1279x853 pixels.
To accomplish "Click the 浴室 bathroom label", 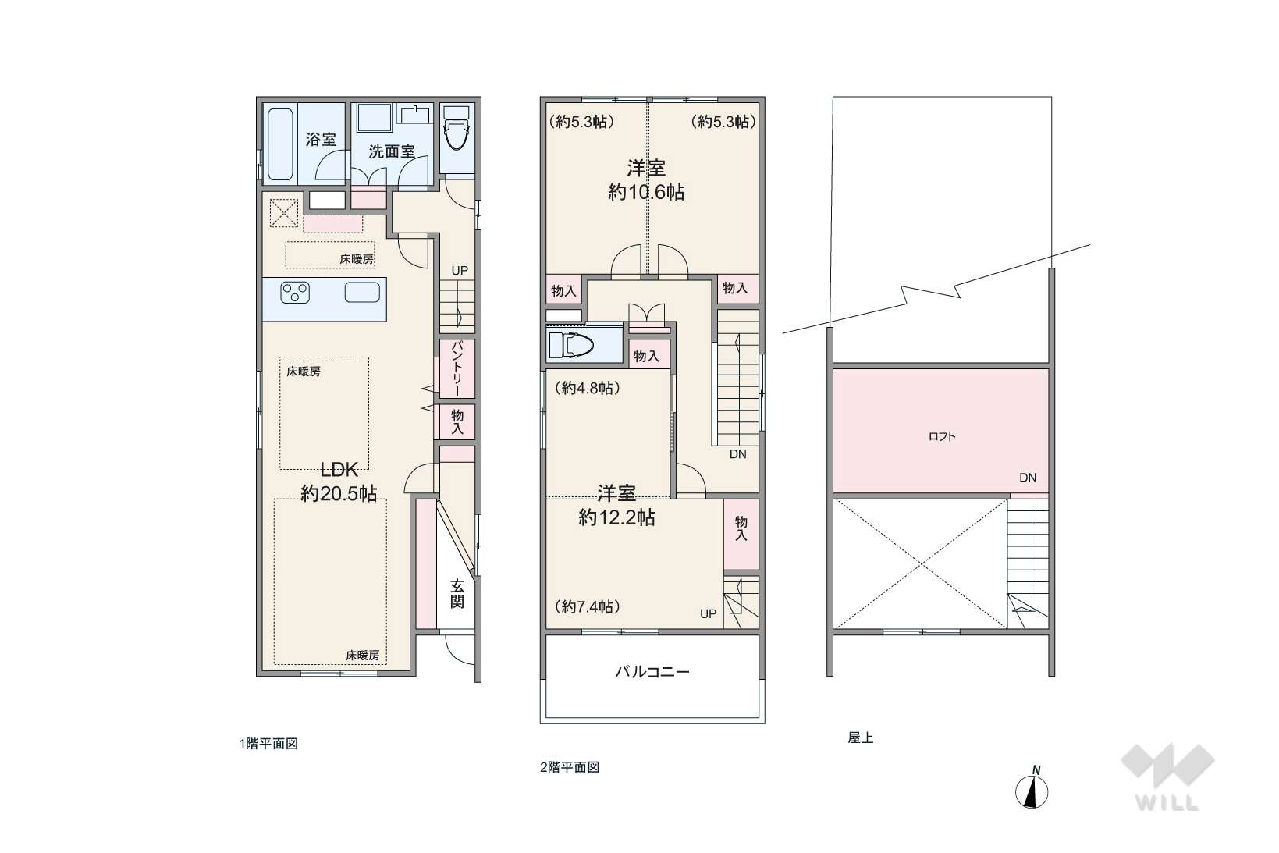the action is click(x=321, y=140).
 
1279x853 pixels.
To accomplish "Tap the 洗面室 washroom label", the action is click(x=391, y=151).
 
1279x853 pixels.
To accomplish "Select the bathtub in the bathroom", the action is click(x=280, y=144).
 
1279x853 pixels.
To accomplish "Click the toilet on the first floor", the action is click(x=457, y=128).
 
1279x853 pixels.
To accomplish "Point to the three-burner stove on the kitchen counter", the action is click(x=295, y=293).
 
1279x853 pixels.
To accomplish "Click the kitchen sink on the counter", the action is click(x=363, y=293).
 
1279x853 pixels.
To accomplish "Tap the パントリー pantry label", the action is click(x=457, y=368).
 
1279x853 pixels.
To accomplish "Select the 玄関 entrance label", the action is click(x=457, y=594).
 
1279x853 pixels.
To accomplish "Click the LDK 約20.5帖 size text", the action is click(x=339, y=482).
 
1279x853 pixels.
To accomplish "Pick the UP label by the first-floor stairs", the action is click(x=460, y=271).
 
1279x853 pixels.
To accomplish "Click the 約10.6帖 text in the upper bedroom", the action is click(x=646, y=192).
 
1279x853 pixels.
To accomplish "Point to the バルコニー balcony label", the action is click(x=652, y=671).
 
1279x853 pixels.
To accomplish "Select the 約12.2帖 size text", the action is click(x=616, y=517).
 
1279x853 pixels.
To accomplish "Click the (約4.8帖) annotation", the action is click(x=588, y=388).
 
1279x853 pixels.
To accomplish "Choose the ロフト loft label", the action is click(x=942, y=437).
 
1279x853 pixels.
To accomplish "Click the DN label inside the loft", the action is click(x=1028, y=478).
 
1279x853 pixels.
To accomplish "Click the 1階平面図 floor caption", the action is click(x=269, y=744).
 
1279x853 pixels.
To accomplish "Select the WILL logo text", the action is click(x=1167, y=803).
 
